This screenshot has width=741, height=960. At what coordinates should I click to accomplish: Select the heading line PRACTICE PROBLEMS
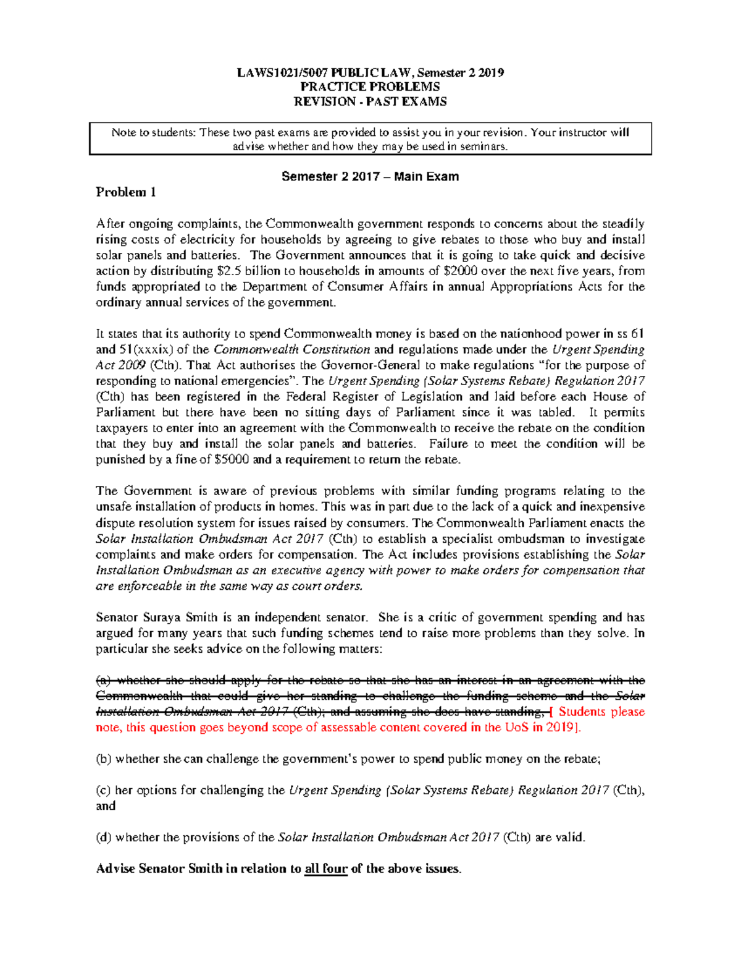(370, 87)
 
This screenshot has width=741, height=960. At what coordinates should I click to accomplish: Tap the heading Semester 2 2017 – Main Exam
(370, 177)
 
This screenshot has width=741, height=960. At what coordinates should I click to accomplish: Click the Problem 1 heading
(125, 192)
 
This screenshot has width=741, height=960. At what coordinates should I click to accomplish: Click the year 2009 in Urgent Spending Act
(132, 365)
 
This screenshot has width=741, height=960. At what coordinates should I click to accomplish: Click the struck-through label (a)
(103, 681)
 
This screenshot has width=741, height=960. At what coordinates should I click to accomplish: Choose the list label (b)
(103, 759)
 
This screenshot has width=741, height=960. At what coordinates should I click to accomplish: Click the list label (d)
(103, 838)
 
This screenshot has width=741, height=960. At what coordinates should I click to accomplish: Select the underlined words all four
(326, 869)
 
